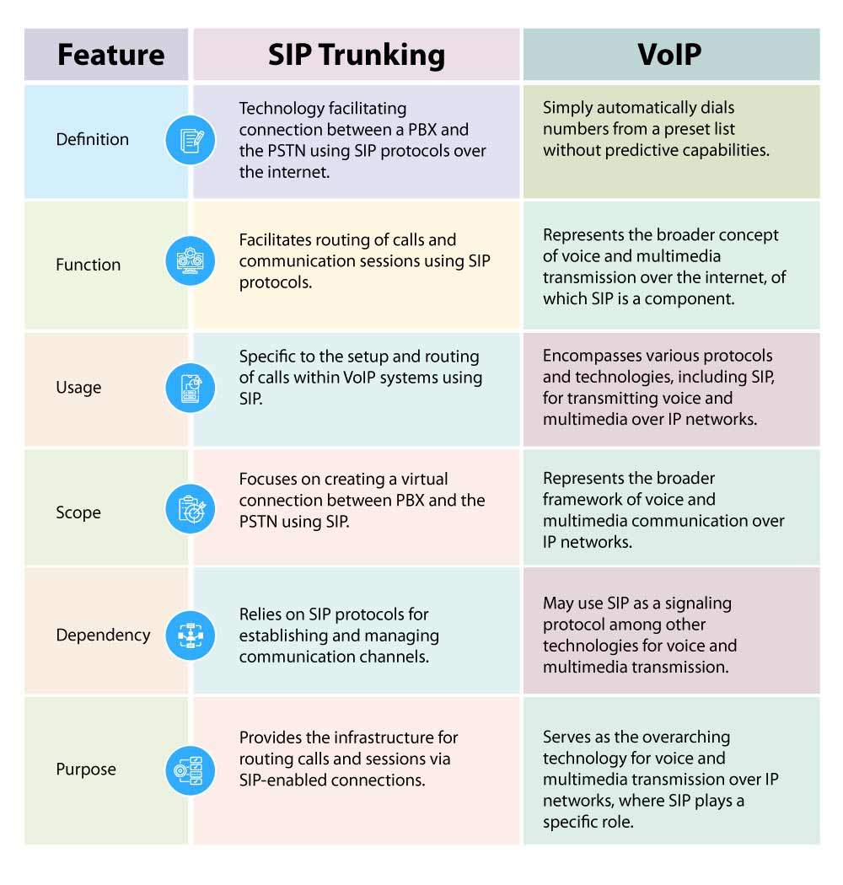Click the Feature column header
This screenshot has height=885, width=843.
pyautogui.click(x=110, y=55)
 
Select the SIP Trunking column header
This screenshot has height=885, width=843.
pyautogui.click(x=356, y=55)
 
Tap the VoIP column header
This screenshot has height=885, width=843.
pyautogui.click(x=669, y=55)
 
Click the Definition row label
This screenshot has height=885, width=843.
pyautogui.click(x=93, y=139)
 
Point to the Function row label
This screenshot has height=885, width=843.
pyautogui.click(x=89, y=265)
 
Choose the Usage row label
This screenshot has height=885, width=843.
pyautogui.click(x=78, y=388)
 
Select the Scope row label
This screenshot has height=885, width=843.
pyautogui.click(x=78, y=512)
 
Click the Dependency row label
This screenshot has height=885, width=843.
pyautogui.click(x=103, y=635)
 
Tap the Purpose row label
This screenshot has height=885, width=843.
pyautogui.click(x=86, y=769)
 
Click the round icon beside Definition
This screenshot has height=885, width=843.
pyautogui.click(x=191, y=140)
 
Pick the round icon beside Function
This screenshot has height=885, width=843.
pyautogui.click(x=191, y=261)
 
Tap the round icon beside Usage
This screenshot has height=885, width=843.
pyautogui.click(x=191, y=387)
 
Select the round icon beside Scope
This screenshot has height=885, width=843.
pyautogui.click(x=191, y=508)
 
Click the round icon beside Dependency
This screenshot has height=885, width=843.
pyautogui.click(x=191, y=636)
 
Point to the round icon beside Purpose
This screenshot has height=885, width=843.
pyautogui.click(x=191, y=770)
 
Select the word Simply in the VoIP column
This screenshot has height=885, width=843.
pyautogui.click(x=568, y=108)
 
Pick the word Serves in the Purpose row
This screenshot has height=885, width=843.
pyautogui.click(x=566, y=737)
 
